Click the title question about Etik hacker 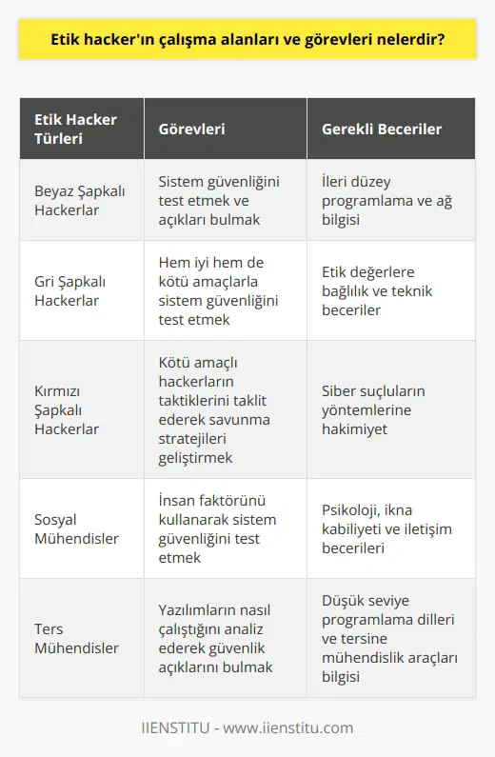point(247,44)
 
